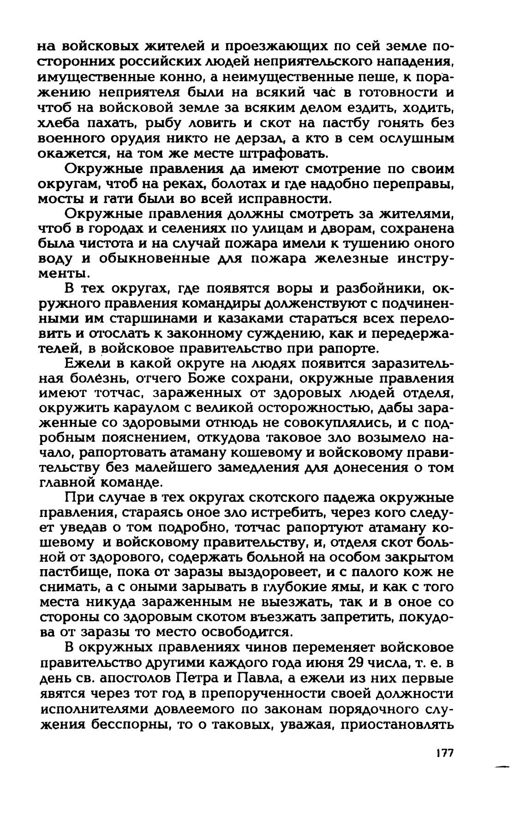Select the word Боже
212,378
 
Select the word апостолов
137,679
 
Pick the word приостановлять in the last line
402,723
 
